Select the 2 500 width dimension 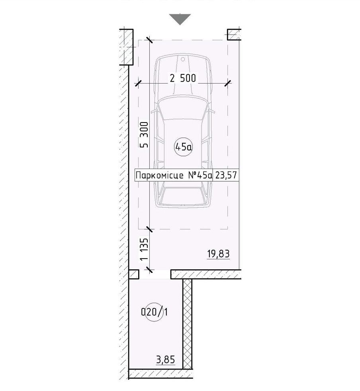click(183, 78)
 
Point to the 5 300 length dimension click(144, 135)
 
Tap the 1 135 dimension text click(144, 250)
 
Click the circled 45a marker click(184, 147)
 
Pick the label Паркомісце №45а click(174, 175)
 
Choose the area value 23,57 click(226, 175)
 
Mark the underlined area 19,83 click(219, 254)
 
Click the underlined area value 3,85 click(166, 360)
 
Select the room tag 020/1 click(155, 312)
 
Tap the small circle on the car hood click(183, 59)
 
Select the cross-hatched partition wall click(187, 324)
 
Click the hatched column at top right click(234, 35)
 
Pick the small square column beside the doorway click(133, 274)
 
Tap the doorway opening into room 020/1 click(155, 274)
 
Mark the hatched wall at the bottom click(160, 374)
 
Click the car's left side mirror click(154, 111)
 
